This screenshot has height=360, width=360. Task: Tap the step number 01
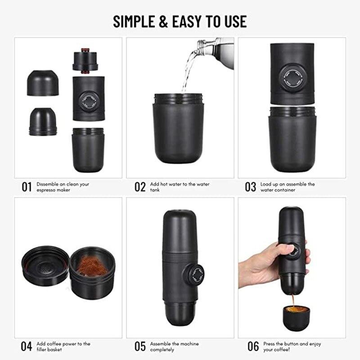click(27, 187)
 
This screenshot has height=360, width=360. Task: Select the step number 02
click(140, 187)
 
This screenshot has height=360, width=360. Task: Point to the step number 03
click(250, 187)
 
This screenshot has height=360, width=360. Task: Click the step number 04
click(27, 346)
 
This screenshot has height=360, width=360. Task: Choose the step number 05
click(140, 346)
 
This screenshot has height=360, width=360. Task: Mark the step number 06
click(253, 346)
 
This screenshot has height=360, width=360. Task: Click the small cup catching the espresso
click(296, 317)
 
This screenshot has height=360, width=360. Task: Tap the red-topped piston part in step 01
click(85, 61)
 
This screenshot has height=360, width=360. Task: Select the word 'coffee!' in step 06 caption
click(281, 350)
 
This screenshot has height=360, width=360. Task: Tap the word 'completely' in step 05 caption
click(162, 350)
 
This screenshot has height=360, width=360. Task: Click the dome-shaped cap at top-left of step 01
click(43, 83)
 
